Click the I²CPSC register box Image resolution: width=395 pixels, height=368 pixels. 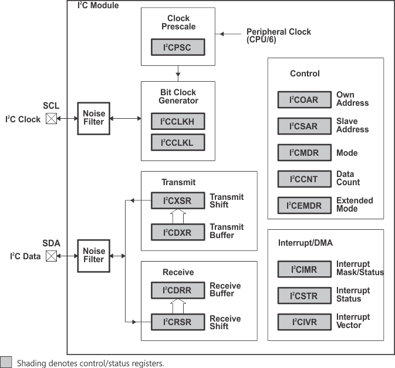178,48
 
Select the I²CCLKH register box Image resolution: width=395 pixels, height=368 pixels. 178,122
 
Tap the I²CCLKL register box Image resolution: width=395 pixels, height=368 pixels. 178,142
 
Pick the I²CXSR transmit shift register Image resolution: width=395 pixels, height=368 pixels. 178,201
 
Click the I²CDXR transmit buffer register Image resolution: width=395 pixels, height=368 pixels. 178,232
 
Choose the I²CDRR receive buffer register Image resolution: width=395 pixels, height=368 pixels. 178,290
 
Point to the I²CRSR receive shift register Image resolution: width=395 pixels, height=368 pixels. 178,322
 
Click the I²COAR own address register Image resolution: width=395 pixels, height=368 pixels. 304,99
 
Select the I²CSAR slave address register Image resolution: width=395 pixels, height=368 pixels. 304,126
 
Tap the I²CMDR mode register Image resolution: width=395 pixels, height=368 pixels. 304,153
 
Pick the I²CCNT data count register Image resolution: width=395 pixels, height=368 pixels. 304,179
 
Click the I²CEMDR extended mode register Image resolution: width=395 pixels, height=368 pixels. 304,205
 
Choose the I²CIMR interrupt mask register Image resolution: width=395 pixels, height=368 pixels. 304,269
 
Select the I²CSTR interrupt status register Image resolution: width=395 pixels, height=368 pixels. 304,296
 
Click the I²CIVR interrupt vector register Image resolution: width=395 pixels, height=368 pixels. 304,322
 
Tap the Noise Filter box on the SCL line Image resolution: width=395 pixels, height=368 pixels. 93,118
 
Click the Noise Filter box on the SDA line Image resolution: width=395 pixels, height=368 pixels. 93,256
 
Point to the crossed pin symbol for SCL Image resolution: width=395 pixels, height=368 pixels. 51,119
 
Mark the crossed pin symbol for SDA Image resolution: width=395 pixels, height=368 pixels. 51,256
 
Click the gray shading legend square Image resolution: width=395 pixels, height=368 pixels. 6,362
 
